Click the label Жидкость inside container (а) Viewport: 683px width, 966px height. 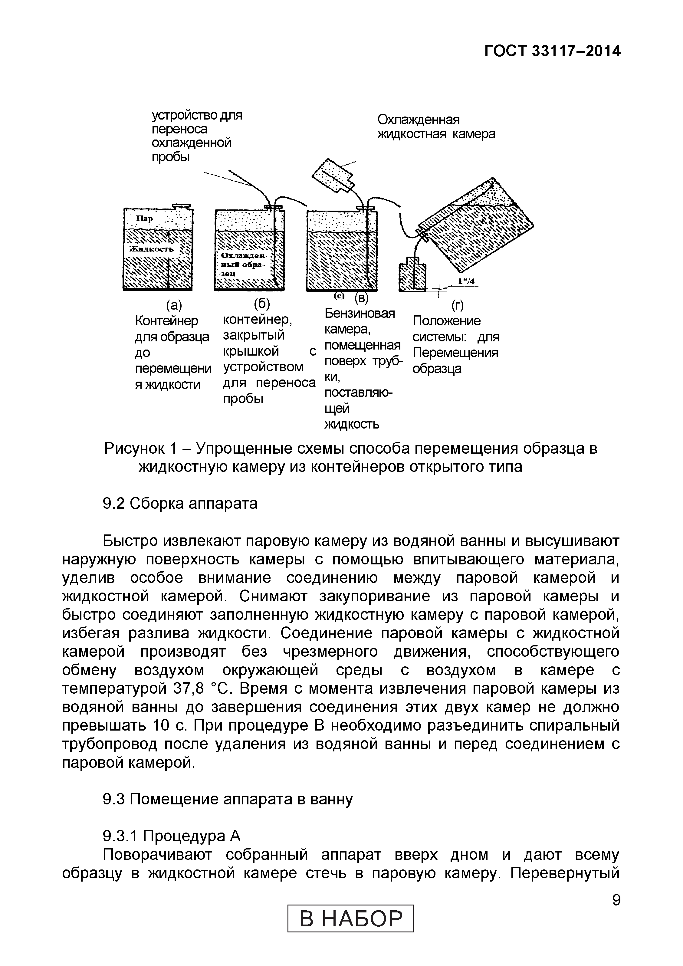(152, 249)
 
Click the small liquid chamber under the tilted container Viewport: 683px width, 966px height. (412, 276)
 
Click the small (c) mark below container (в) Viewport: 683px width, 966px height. (339, 296)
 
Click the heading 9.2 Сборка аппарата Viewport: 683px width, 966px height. (180, 503)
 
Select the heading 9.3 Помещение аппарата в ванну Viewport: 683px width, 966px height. (228, 799)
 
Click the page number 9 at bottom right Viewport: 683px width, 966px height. (616, 900)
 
